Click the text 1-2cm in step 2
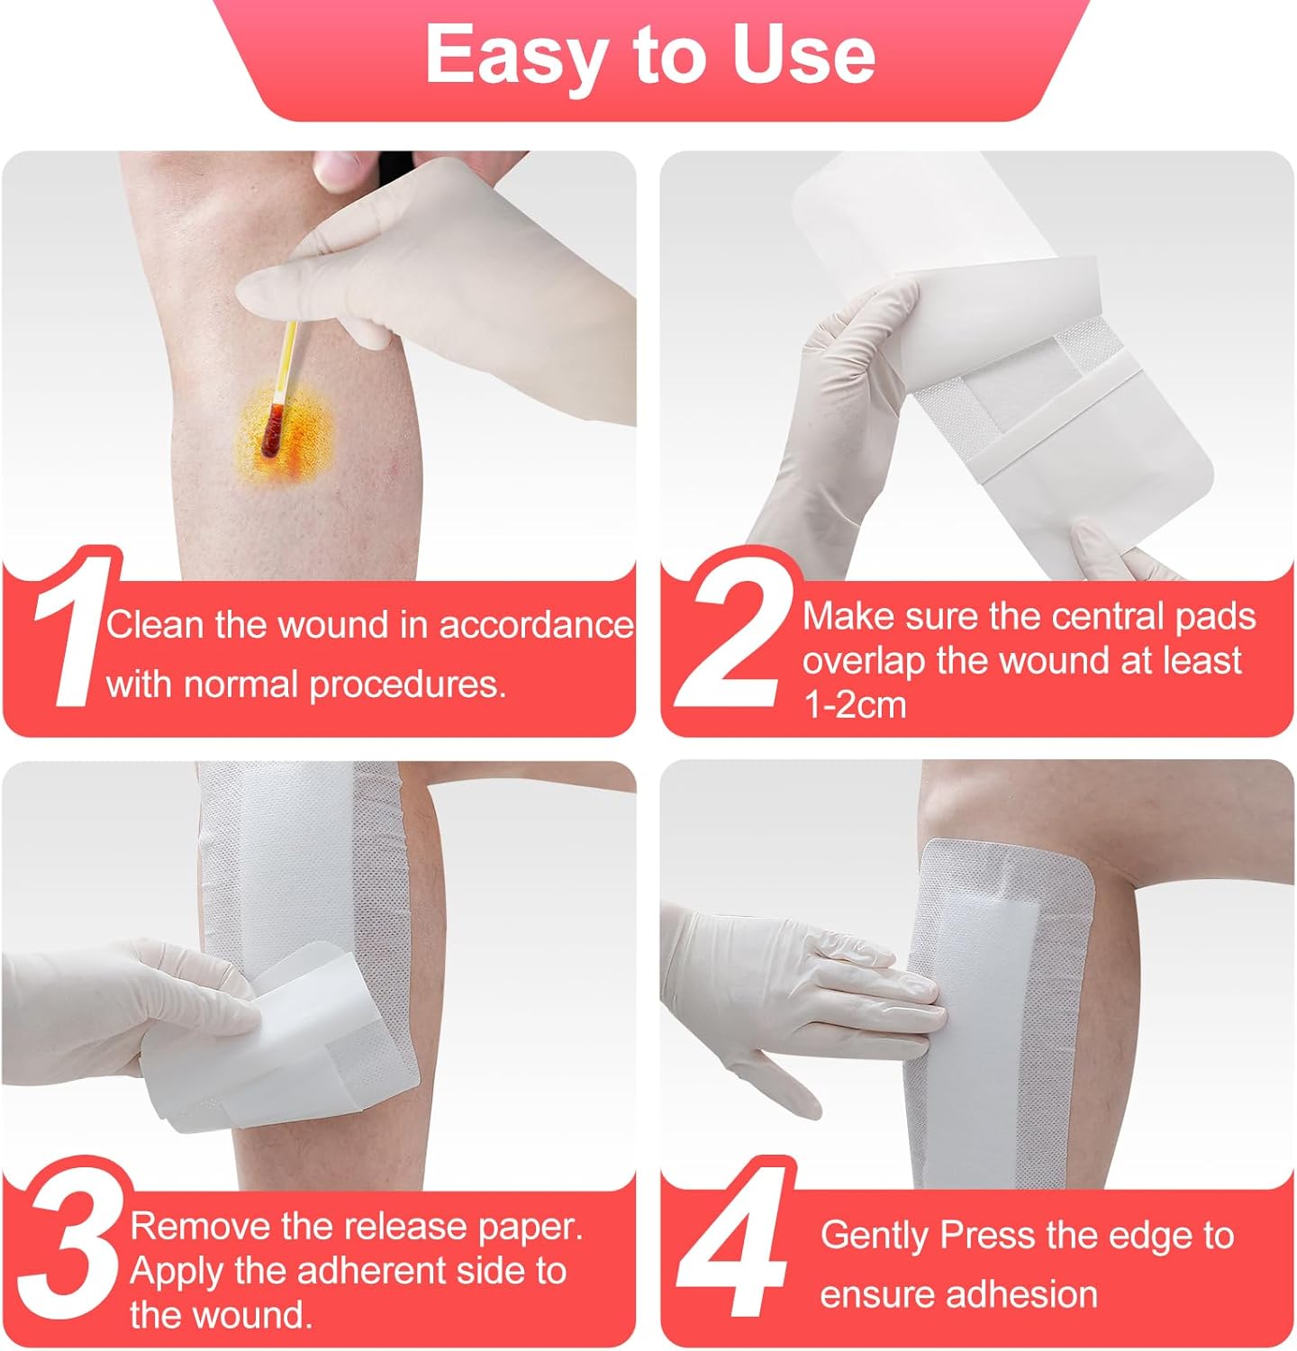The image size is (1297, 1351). (854, 704)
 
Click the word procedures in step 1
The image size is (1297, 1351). (407, 685)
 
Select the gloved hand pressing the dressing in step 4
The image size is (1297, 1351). (811, 982)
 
